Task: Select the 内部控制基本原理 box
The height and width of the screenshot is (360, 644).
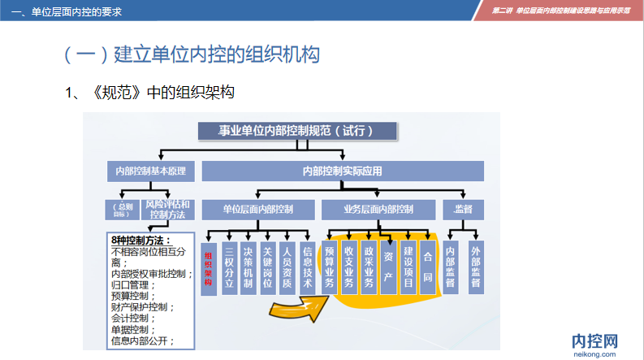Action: [150, 171]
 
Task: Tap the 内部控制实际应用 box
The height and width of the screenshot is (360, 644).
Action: [342, 171]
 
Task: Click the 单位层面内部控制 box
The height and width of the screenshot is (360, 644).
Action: [257, 209]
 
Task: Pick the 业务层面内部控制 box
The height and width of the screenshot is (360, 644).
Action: [378, 209]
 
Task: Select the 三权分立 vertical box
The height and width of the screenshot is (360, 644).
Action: [229, 267]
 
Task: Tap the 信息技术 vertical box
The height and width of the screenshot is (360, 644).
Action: [307, 267]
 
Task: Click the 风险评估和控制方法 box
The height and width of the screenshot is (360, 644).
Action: [168, 209]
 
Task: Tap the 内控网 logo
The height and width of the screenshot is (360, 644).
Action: [595, 341]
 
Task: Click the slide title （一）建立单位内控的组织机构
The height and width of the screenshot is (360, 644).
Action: [191, 54]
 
